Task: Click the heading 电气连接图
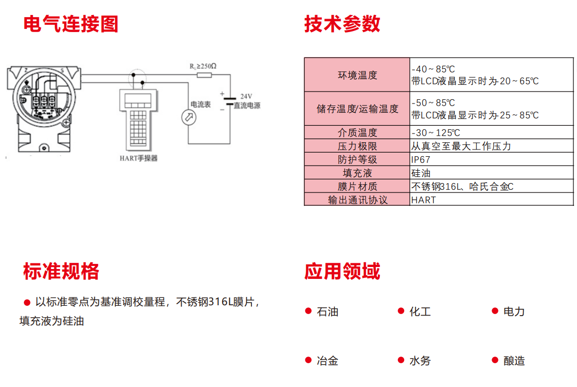[71, 24]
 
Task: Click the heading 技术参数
[342, 24]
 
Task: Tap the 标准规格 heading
[61, 271]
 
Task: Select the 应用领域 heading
[342, 271]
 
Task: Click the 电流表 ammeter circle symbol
[188, 117]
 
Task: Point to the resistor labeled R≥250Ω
[204, 76]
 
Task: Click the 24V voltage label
[246, 96]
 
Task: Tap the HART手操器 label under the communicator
[138, 158]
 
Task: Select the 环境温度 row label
[357, 75]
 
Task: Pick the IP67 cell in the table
[421, 160]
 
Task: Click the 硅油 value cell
[421, 173]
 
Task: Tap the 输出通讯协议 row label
[357, 200]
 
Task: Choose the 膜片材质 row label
[357, 187]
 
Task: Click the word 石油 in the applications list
[328, 311]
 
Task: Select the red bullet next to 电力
[495, 311]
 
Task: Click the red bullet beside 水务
[401, 360]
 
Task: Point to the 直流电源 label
[247, 106]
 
